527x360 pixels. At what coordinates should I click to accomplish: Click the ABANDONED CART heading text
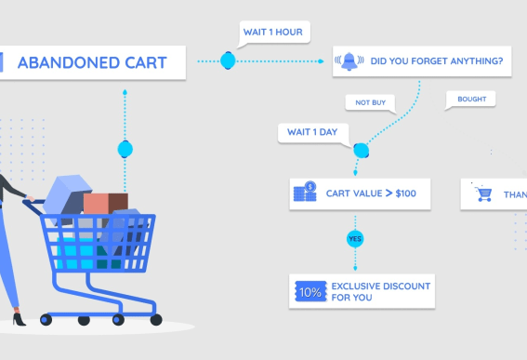pos(91,63)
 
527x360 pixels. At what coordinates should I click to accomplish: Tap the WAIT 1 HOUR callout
pos(273,32)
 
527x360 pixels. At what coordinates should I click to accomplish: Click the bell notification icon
pos(349,62)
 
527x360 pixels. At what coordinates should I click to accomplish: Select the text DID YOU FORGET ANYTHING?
pos(437,62)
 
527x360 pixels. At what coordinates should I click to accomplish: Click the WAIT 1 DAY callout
pos(312,132)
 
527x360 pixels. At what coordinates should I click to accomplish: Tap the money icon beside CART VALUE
pos(305,193)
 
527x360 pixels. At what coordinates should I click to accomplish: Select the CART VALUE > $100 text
pos(371,193)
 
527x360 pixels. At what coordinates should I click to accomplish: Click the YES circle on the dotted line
pos(353,239)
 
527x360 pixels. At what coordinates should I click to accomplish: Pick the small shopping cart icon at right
pos(483,193)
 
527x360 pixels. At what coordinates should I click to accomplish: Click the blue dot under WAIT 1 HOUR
pos(228,61)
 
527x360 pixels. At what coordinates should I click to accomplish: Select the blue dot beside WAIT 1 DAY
pos(362,149)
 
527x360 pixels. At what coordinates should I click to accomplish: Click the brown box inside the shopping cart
pos(105,203)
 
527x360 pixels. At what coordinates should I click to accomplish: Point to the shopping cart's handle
pos(32,200)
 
